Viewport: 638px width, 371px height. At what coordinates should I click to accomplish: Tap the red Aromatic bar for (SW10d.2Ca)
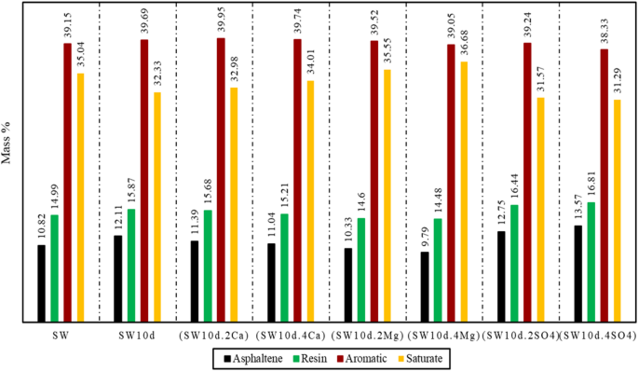tap(221, 181)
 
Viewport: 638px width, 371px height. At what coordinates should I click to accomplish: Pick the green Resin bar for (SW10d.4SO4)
tap(590, 263)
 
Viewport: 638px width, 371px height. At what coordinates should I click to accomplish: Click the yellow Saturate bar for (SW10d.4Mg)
tap(464, 192)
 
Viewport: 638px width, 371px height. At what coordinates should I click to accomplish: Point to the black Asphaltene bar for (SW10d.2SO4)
tap(501, 277)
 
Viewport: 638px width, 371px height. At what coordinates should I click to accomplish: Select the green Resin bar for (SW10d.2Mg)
tap(360, 270)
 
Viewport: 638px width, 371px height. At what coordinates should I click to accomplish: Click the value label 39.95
tap(221, 20)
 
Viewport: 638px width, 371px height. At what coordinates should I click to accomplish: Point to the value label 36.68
tap(464, 44)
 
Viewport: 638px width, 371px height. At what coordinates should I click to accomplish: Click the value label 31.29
tap(617, 82)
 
